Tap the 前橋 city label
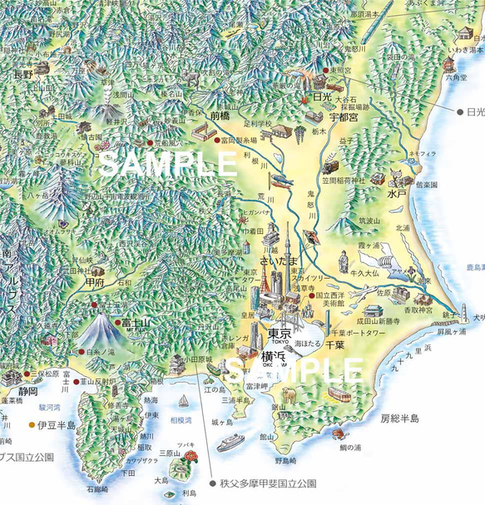(220, 117)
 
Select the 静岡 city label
(27, 391)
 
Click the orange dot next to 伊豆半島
(32, 424)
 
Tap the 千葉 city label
(334, 344)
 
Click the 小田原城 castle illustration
(178, 364)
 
